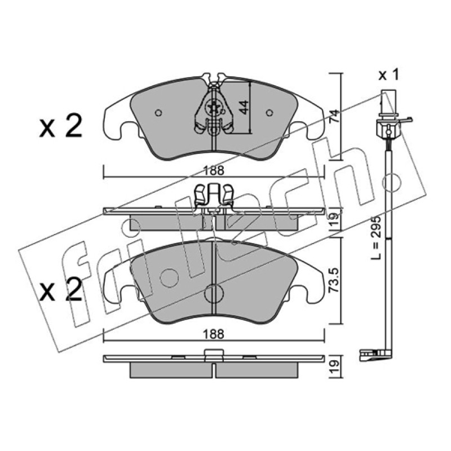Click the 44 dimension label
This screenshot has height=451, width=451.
(x=244, y=107)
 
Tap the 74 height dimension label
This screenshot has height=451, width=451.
(x=334, y=116)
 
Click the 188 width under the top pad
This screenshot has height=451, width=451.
(x=214, y=171)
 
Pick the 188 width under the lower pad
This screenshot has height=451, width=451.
(x=214, y=334)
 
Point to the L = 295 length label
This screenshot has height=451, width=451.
(x=376, y=237)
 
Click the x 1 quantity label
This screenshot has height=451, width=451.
(x=389, y=76)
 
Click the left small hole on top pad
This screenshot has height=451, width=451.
(x=158, y=113)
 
